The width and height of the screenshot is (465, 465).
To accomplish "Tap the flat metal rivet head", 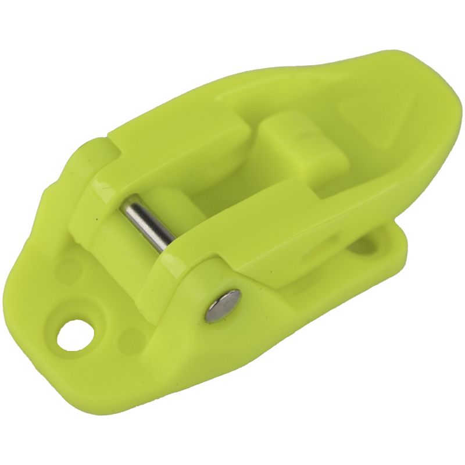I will [x=223, y=306].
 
